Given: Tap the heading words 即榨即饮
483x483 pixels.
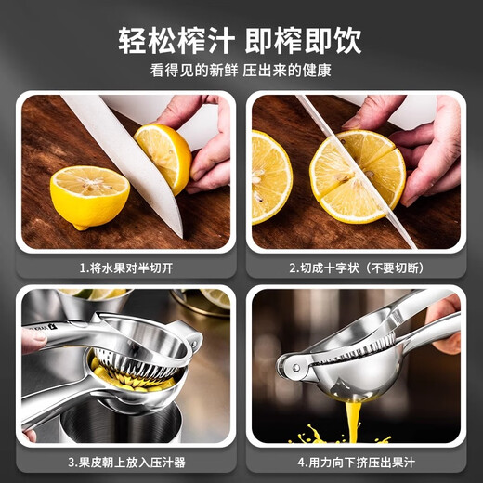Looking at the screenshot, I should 304,40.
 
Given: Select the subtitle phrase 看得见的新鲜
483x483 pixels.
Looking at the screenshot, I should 191,71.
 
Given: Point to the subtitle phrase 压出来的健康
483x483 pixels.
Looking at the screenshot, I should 288,71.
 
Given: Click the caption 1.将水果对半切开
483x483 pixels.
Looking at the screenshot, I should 124,268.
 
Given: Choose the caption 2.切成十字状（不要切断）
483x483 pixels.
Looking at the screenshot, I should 357,268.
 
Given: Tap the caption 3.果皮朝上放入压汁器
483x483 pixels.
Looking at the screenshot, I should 124,462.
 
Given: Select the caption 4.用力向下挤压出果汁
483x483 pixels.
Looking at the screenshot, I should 357,462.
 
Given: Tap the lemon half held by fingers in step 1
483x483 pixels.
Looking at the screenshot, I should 164,155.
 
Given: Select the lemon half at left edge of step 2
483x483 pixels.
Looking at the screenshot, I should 269,176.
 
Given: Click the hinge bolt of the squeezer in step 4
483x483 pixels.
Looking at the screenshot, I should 294,369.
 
